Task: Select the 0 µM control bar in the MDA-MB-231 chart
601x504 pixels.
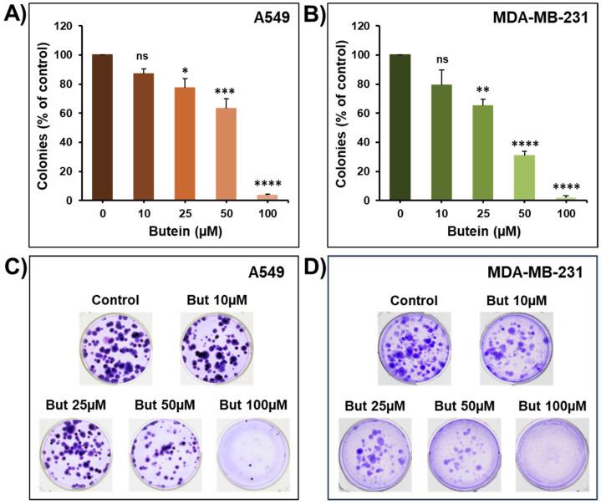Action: point(400,128)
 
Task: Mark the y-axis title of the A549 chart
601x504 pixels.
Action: point(43,113)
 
